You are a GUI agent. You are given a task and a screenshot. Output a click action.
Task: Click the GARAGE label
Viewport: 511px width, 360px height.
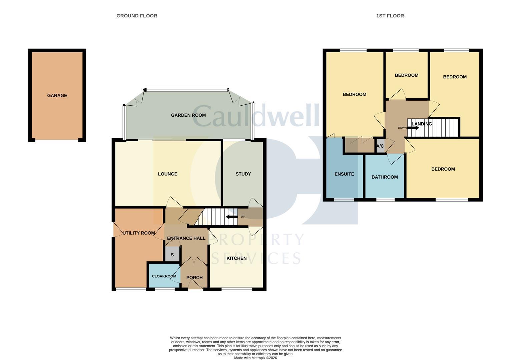57,96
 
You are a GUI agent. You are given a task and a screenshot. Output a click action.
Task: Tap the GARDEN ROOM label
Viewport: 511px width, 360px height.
188,115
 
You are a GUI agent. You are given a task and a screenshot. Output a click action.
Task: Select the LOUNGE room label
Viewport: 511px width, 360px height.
167,174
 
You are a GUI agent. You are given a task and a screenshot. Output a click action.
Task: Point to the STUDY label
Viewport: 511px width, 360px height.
243,174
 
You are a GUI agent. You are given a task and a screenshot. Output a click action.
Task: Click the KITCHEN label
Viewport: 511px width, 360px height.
236,258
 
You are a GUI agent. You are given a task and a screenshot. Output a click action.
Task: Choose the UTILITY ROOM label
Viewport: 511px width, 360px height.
138,233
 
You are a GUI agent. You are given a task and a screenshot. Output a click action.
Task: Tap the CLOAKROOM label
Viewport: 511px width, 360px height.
164,276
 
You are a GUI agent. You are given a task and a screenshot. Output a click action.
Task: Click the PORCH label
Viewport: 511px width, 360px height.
194,278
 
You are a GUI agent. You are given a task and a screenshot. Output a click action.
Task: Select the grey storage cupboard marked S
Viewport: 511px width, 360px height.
172,255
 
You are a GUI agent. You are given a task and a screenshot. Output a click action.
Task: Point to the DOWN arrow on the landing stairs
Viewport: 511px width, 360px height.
413,128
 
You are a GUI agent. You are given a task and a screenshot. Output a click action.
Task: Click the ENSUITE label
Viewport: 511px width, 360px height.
344,174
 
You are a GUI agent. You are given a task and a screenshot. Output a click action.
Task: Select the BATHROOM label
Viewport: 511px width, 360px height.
385,177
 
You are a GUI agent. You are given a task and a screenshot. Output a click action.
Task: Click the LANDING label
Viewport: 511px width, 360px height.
422,124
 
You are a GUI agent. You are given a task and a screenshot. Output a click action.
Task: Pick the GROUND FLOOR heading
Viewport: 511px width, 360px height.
137,16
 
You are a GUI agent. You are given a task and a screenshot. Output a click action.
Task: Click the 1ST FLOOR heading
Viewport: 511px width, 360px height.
390,16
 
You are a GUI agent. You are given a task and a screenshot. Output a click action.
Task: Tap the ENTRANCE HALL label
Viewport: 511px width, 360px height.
186,238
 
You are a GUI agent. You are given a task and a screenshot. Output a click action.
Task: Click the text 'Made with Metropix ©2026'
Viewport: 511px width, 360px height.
255,358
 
